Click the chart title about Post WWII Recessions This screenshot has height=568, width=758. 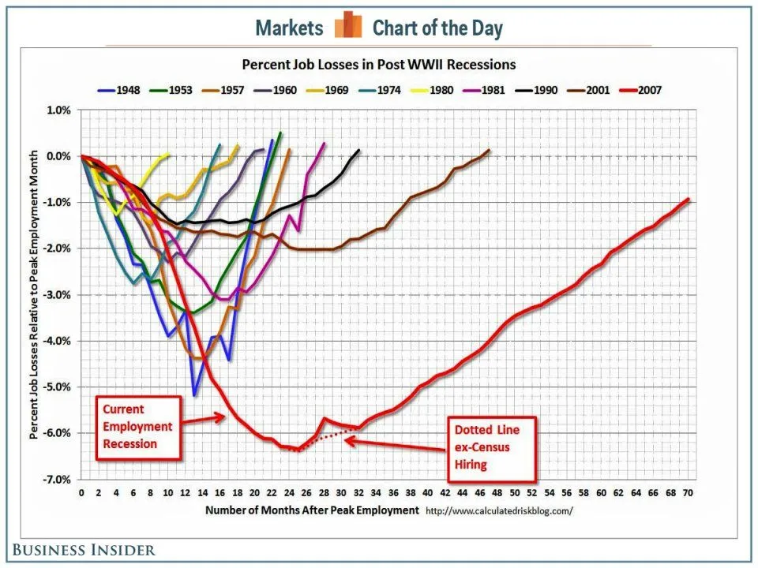coord(378,64)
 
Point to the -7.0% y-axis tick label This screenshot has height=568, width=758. coord(55,480)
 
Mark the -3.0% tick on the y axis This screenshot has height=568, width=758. coord(55,295)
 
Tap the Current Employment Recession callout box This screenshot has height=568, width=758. coord(137,427)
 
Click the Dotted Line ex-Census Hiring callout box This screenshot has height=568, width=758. coord(493,447)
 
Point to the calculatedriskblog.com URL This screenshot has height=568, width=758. coord(498,510)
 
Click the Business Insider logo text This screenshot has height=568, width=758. coord(83,550)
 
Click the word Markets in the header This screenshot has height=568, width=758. coord(290,28)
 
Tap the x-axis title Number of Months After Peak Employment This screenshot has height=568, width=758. coord(312,510)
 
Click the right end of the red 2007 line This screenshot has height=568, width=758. coord(688,199)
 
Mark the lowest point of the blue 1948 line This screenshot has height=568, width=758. coord(194,394)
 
